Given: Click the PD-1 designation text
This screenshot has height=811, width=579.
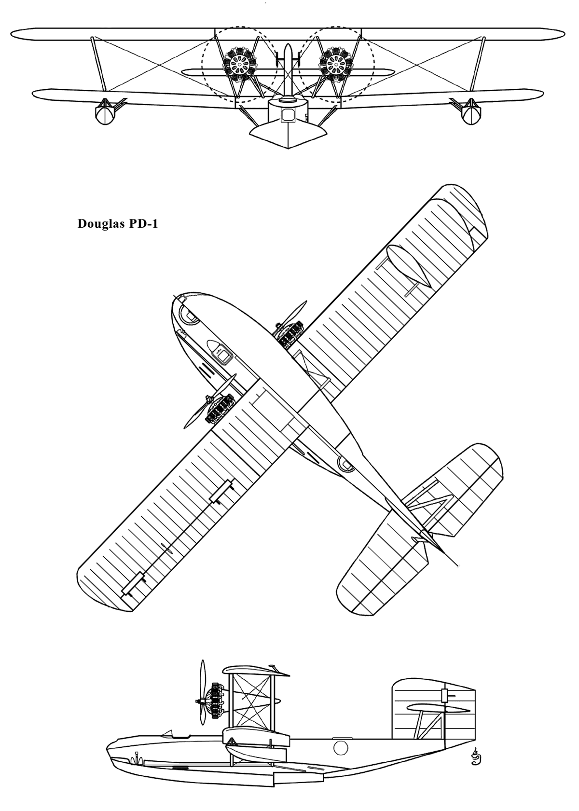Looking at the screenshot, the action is coord(143,224).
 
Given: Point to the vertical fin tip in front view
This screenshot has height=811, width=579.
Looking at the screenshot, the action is coord(288,46).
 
